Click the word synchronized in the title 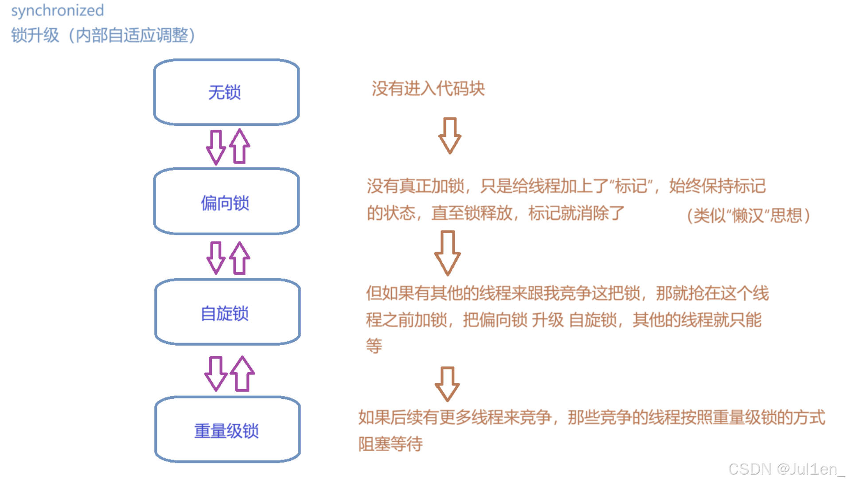point(57,11)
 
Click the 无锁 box point(226,92)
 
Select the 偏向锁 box point(226,202)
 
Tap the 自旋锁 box point(227,312)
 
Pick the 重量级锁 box point(227,430)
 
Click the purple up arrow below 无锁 point(240,146)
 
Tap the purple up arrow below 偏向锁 point(240,258)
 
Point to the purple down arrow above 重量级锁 point(216,374)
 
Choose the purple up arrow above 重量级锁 point(242,374)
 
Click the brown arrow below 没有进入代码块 point(449,136)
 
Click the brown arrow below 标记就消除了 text point(447,253)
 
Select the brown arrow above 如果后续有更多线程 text point(447,384)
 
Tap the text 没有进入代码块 point(428,89)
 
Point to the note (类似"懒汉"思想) point(748,216)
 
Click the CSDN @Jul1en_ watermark point(786,469)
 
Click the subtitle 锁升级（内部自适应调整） point(103,35)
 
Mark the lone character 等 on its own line point(374,346)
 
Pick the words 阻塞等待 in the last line point(390,444)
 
